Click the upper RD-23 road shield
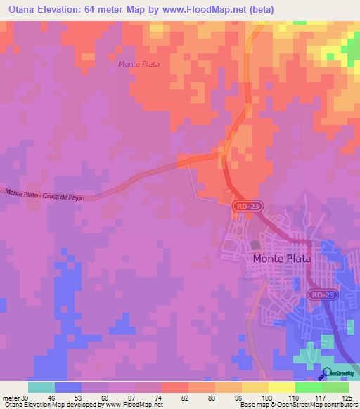[x=242, y=206]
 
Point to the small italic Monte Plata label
[x=139, y=64]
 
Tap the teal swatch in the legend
[x=41, y=387]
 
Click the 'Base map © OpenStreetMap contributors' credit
[x=297, y=405]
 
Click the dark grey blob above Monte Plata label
[x=255, y=244]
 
